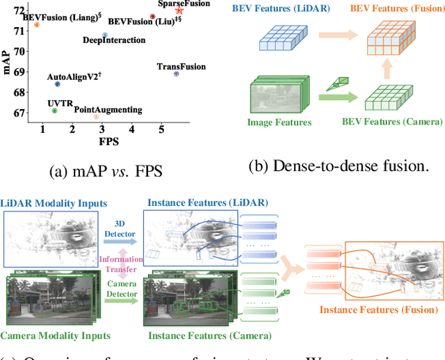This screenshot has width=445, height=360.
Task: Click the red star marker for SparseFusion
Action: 180,10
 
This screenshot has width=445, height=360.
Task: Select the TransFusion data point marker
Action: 176,74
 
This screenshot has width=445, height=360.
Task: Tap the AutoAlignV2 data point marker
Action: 57,84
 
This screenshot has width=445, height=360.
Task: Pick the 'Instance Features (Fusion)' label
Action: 379,309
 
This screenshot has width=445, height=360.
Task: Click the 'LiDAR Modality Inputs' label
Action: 54,203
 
